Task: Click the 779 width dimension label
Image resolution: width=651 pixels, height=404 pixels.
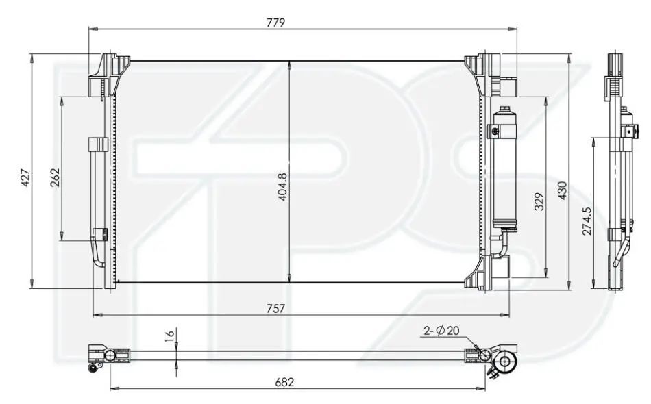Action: (x=275, y=23)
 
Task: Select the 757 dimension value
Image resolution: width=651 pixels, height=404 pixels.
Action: (x=275, y=309)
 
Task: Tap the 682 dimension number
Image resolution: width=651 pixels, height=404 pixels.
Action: (x=284, y=381)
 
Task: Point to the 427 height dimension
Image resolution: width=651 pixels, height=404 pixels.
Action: (x=26, y=177)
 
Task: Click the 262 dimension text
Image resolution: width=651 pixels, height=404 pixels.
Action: (x=55, y=177)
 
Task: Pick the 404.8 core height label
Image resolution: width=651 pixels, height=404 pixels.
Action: (x=282, y=187)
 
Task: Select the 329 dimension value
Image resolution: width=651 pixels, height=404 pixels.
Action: (x=539, y=201)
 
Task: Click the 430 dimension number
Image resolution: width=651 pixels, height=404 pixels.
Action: (x=562, y=190)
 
